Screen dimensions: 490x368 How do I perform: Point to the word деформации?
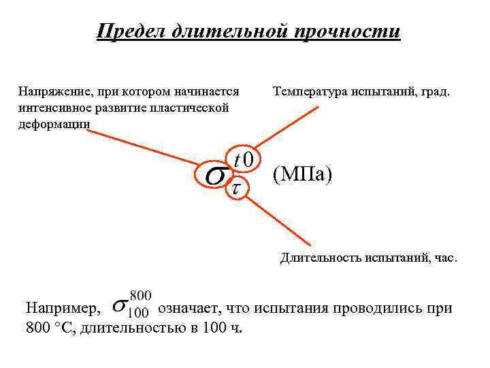[54, 123]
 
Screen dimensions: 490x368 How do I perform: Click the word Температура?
[310, 91]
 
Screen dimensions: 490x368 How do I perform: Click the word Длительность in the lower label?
[322, 258]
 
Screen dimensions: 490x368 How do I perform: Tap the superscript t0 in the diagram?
[243, 159]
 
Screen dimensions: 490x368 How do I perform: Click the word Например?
[63, 308]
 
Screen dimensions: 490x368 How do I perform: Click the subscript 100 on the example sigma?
[138, 313]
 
